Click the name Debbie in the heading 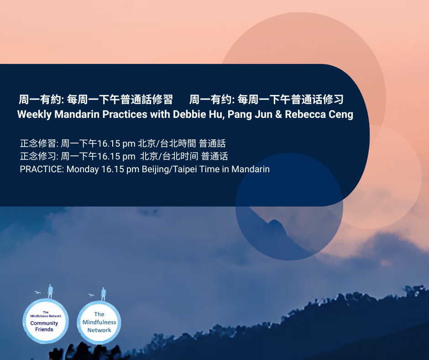tap(189, 114)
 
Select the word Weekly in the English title tap(35, 115)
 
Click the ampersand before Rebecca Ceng tap(278, 114)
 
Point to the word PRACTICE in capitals tap(42, 169)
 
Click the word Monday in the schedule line tap(83, 169)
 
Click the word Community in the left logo tap(44, 323)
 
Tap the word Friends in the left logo tap(44, 329)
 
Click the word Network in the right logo tap(99, 330)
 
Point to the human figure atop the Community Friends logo tap(50, 291)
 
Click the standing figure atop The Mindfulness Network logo tap(103, 294)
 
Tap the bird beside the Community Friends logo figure tap(37, 292)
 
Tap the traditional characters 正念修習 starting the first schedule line tap(38, 143)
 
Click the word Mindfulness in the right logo tap(99, 322)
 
